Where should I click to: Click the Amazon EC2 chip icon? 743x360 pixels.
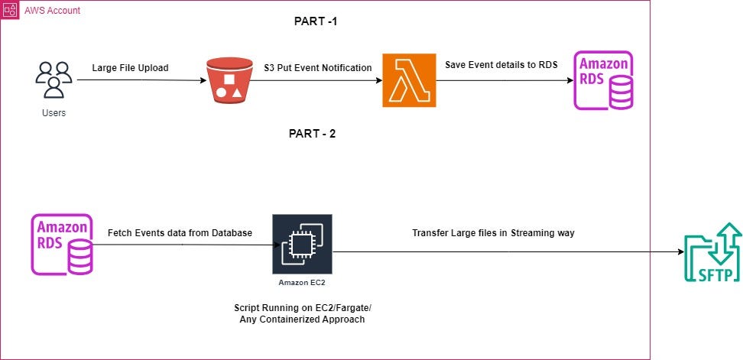pos(301,245)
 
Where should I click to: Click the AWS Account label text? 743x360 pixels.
pos(54,11)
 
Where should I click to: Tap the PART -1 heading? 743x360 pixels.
pos(315,21)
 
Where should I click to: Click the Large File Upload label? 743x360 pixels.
pos(130,68)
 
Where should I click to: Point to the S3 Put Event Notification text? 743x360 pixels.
pos(317,68)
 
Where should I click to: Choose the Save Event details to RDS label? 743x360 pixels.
pos(501,66)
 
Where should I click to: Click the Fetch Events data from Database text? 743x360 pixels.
pos(180,232)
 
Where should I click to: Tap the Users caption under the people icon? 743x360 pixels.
pos(54,113)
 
